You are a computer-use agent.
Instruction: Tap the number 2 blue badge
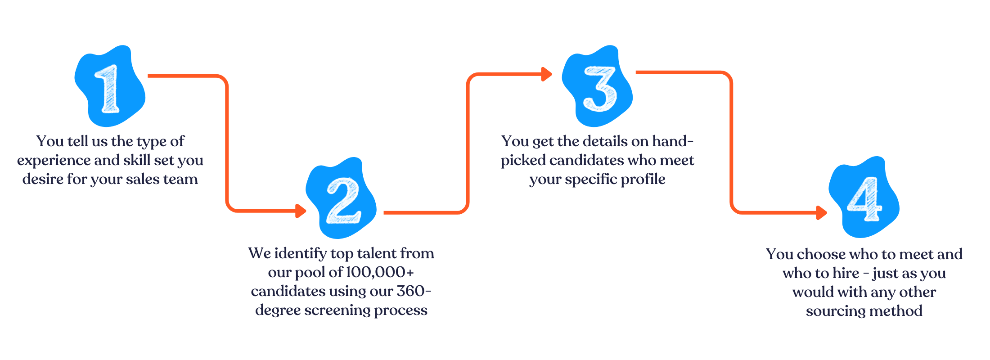pos(341,198)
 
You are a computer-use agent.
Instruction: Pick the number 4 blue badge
pos(864,197)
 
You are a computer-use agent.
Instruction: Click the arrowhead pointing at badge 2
pos(301,211)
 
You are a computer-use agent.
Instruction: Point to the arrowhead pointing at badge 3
pos(547,74)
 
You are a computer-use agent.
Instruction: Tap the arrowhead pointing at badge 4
pos(822,212)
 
